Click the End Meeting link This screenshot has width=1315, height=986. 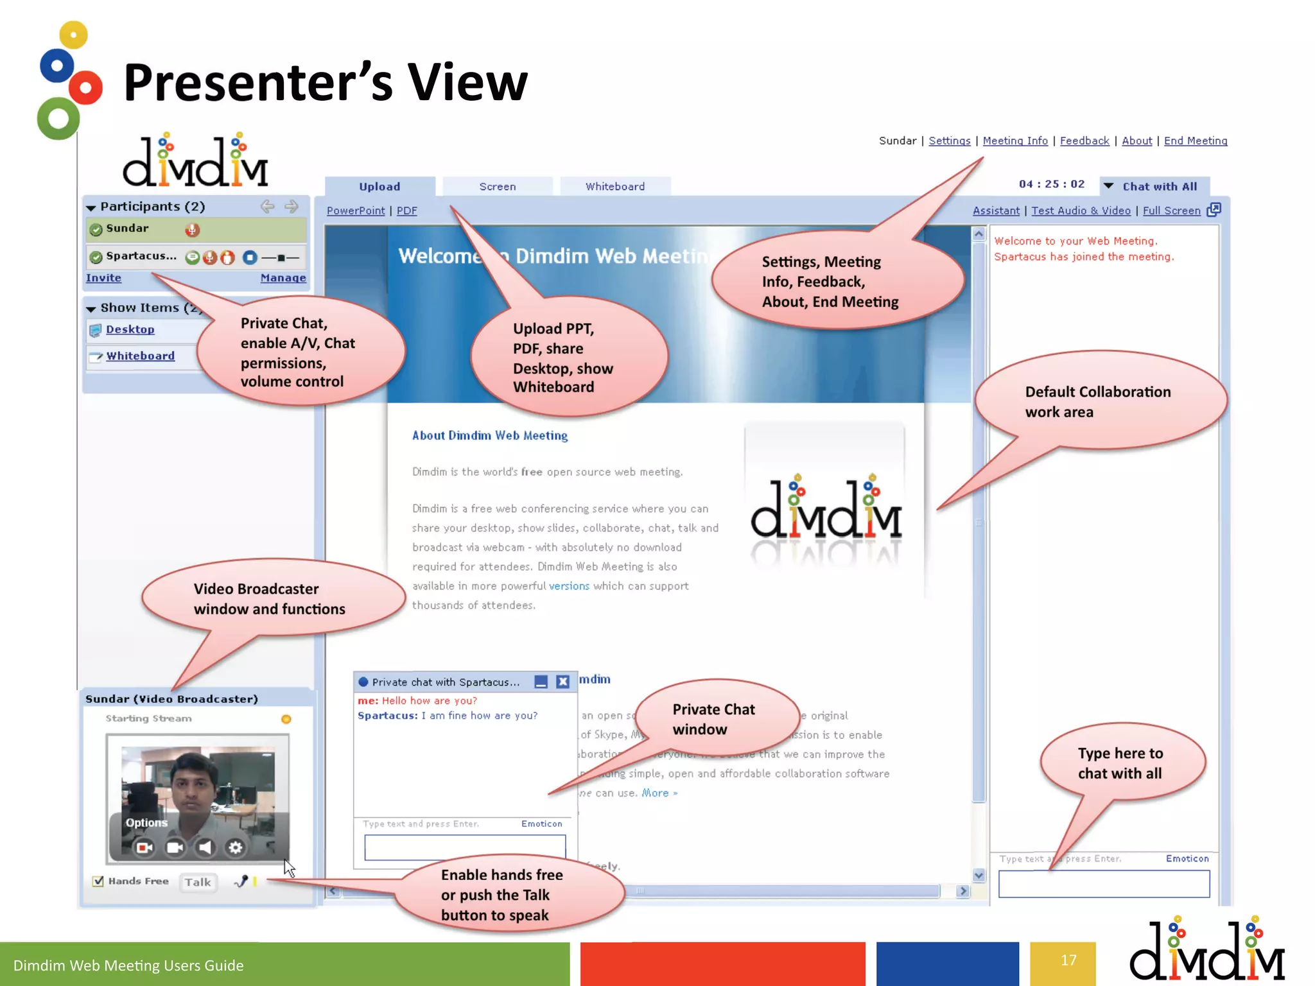pyautogui.click(x=1195, y=141)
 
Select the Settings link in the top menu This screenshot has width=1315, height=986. pyautogui.click(x=949, y=141)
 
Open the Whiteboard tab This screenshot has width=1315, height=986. pyautogui.click(x=614, y=187)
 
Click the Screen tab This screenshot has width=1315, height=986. pyautogui.click(x=497, y=187)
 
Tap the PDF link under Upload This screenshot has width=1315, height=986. pyautogui.click(x=406, y=211)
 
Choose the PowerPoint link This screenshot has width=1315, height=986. pyautogui.click(x=355, y=211)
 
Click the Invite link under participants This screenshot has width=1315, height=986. pyautogui.click(x=103, y=278)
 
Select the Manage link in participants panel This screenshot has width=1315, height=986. pyautogui.click(x=283, y=278)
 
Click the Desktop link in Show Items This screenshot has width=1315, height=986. pyautogui.click(x=130, y=329)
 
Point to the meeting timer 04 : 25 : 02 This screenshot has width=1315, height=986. pyautogui.click(x=1051, y=184)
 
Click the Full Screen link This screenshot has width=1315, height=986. pyautogui.click(x=1171, y=211)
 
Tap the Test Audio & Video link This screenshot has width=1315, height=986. pyautogui.click(x=1081, y=211)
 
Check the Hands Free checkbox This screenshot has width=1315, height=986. pyautogui.click(x=98, y=881)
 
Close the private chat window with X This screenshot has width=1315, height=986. pyautogui.click(x=562, y=682)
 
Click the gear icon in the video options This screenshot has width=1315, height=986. pyautogui.click(x=236, y=848)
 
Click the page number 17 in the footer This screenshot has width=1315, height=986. pyautogui.click(x=1068, y=960)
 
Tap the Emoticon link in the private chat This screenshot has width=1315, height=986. pyautogui.click(x=541, y=824)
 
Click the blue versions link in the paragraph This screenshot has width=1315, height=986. pyautogui.click(x=569, y=586)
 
